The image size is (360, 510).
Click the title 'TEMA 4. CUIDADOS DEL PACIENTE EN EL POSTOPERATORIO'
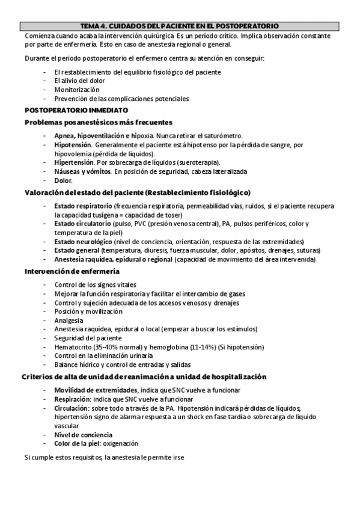(180, 26)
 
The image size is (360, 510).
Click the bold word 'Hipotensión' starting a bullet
(73, 145)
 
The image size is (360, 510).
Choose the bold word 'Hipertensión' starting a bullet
(73, 162)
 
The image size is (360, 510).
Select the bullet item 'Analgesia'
(69, 321)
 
